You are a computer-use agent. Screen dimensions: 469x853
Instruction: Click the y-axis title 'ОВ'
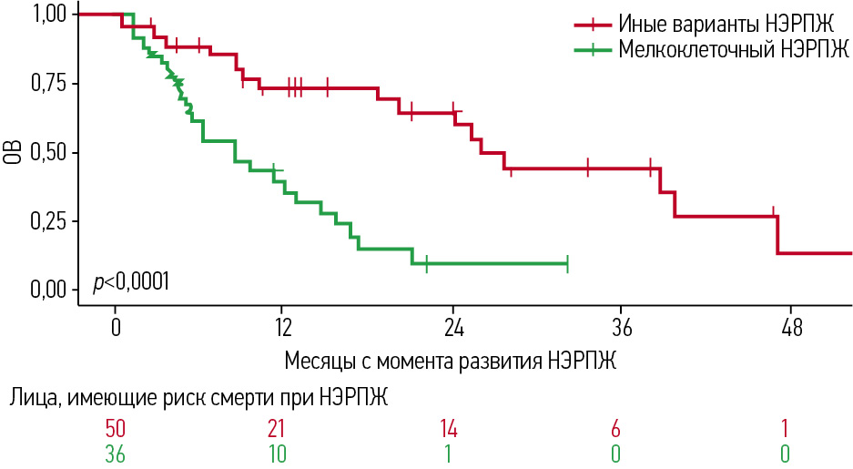(x=14, y=152)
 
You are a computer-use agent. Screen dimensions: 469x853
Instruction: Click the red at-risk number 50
(x=115, y=428)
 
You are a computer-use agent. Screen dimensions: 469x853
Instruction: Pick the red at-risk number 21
(x=283, y=428)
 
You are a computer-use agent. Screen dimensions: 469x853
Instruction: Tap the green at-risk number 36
(x=115, y=453)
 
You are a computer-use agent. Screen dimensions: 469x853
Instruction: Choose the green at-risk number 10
(x=283, y=453)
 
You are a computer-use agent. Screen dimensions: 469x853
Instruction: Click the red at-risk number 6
(x=622, y=428)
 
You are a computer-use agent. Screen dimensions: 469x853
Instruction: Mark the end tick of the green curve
(x=567, y=264)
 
